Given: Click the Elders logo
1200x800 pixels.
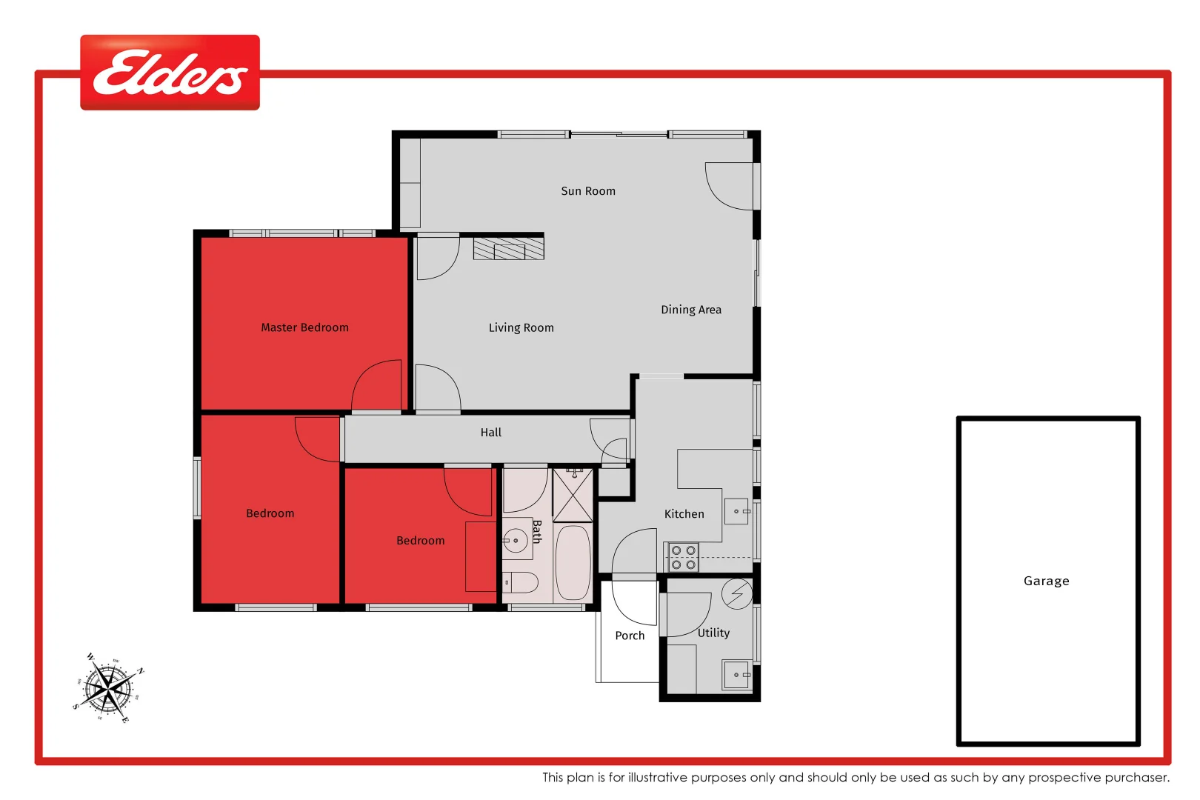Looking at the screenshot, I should [x=170, y=73].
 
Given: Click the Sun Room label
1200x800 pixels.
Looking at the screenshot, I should [x=588, y=191].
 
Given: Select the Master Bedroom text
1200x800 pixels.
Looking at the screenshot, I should [x=304, y=327].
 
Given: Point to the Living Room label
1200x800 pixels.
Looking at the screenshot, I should [x=521, y=327].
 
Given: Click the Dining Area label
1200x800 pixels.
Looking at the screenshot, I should [x=691, y=310].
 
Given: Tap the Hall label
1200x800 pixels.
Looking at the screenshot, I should [x=490, y=433].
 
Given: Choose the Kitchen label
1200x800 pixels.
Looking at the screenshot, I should [x=684, y=514].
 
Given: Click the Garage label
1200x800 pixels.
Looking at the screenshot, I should [x=1046, y=581].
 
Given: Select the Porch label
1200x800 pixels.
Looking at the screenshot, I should [x=630, y=636].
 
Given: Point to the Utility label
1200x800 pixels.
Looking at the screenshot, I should [x=713, y=633].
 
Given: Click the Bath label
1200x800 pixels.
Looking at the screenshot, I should [x=537, y=531].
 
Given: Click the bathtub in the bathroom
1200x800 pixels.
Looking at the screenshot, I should [x=573, y=562].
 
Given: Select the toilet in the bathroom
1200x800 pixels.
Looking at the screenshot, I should [x=521, y=582].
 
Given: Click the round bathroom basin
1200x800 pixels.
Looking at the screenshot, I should [x=516, y=541].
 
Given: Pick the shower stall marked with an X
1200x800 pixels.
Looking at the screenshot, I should [x=573, y=495].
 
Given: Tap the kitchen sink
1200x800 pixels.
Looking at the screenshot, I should [x=737, y=511].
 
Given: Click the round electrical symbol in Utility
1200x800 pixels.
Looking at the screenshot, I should [x=737, y=594].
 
